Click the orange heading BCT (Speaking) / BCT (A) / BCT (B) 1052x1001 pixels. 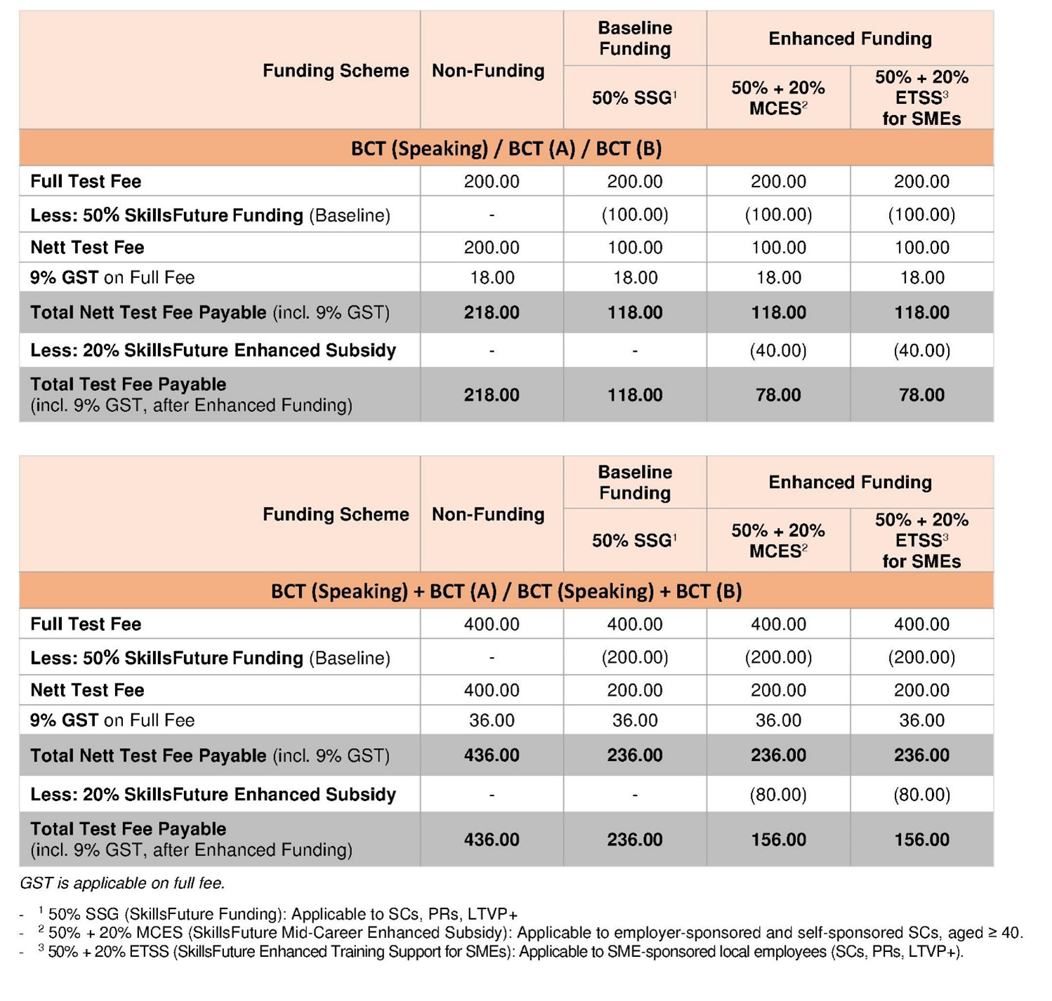click(x=506, y=149)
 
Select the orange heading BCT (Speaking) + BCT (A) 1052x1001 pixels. click(x=506, y=591)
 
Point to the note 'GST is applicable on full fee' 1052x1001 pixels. click(x=122, y=883)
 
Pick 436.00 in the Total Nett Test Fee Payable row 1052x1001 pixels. click(x=492, y=755)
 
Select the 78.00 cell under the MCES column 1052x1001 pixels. click(x=778, y=395)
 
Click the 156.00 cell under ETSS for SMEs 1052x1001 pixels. click(x=921, y=840)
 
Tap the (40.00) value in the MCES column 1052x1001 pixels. click(x=778, y=350)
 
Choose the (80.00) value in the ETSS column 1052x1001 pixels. click(x=921, y=795)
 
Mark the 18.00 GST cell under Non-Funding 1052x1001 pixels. click(x=492, y=278)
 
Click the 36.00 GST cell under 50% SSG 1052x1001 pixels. click(x=635, y=720)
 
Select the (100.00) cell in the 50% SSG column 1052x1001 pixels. click(x=635, y=215)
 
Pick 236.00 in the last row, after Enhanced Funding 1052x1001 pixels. click(x=635, y=840)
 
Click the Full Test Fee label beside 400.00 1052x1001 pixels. click(x=86, y=624)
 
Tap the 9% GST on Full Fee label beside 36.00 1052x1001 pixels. click(x=112, y=720)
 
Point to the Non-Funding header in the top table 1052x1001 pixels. click(x=488, y=71)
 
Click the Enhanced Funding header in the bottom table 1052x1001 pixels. click(x=850, y=482)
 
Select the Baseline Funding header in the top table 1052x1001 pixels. click(x=635, y=39)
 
